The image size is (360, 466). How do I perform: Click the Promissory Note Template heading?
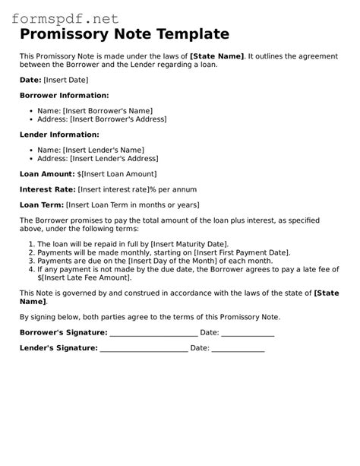124,34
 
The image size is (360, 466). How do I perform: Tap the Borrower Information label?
64,95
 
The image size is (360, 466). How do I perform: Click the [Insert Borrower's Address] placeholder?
117,119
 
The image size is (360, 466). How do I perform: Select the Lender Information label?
59,135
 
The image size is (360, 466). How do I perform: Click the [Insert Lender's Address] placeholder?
110,158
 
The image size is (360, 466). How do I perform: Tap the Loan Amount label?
46,173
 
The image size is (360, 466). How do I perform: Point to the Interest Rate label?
48,189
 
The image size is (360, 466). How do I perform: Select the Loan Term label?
42,204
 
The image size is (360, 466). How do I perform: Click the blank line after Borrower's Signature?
153,333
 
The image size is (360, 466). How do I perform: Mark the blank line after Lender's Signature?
144,348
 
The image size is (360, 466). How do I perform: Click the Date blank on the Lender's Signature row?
238,348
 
